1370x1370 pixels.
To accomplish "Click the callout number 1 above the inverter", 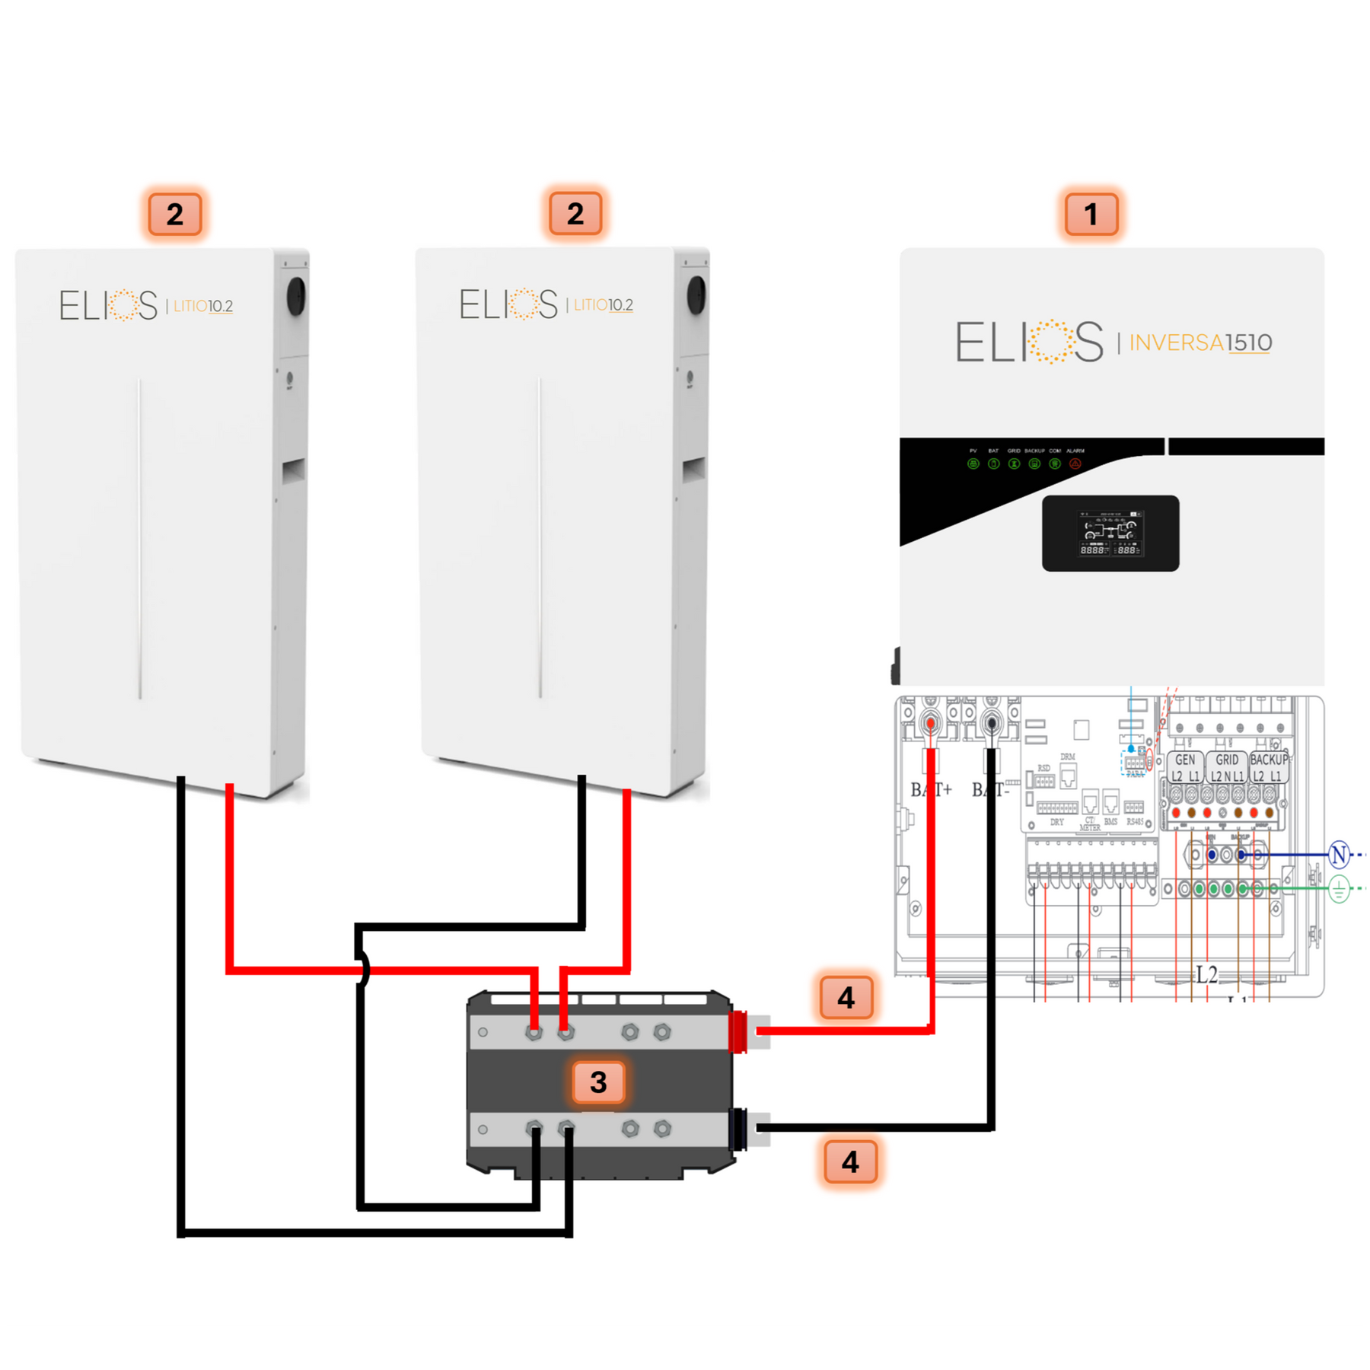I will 1091,215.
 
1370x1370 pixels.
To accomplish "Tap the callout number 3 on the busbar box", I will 598,1082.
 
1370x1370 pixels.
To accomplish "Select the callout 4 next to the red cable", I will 846,998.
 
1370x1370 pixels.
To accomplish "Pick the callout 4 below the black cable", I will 850,1161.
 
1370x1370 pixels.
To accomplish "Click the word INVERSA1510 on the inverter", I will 1200,342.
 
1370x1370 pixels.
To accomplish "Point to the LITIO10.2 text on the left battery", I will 203,306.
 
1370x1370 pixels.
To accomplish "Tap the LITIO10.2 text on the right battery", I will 604,305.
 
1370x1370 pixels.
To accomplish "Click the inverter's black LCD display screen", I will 1110,533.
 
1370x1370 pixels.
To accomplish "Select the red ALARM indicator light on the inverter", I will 1075,464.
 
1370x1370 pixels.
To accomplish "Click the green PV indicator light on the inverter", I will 973,464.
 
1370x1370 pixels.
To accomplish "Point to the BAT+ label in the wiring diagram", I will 931,790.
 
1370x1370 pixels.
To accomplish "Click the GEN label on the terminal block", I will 1185,760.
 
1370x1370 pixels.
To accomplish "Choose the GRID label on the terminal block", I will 1227,760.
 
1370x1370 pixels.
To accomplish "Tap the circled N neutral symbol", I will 1339,855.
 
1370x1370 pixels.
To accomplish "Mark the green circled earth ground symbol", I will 1339,888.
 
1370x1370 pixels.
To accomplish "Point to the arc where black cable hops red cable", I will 365,970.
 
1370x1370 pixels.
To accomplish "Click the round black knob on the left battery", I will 296,296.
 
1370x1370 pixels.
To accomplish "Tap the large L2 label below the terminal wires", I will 1207,974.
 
